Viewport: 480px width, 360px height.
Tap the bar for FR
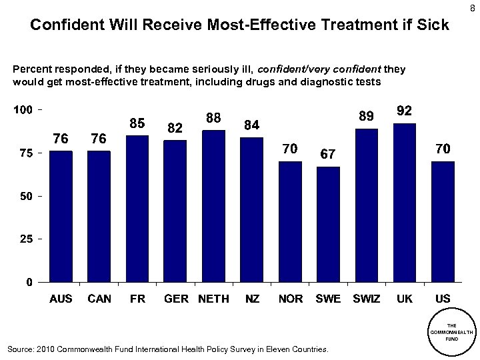[x=137, y=208]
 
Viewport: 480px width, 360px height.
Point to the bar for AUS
[x=61, y=216]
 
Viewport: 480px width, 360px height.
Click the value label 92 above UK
[x=405, y=111]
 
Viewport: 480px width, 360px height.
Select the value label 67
[x=328, y=153]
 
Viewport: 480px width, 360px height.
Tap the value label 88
[x=213, y=117]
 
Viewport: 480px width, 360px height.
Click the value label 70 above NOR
[x=290, y=149]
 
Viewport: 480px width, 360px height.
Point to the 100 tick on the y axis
[x=23, y=109]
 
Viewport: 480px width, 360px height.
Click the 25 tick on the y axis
[x=26, y=239]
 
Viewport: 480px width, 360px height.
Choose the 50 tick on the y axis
[x=26, y=196]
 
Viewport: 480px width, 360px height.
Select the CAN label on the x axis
[x=99, y=299]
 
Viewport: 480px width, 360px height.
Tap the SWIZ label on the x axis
[x=366, y=299]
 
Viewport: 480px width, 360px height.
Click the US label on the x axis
[x=443, y=299]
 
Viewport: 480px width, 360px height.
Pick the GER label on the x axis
[x=176, y=299]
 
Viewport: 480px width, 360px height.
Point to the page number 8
[x=473, y=8]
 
